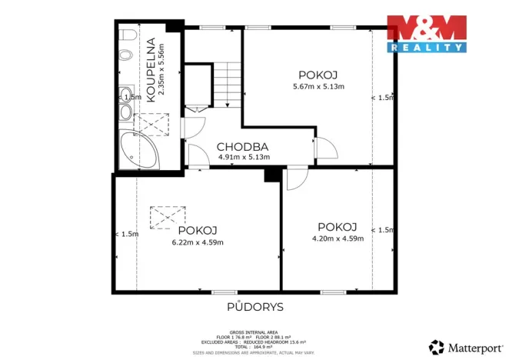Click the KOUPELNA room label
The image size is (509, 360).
151,67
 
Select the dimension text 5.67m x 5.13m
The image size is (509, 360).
319,87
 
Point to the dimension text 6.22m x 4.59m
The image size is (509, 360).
198,243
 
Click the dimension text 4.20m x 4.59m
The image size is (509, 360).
338,238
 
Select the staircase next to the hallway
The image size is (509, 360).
227,85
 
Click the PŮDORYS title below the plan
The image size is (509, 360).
254,306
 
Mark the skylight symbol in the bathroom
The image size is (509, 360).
151,122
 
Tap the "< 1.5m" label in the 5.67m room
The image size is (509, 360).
382,98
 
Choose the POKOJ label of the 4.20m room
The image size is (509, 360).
338,227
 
